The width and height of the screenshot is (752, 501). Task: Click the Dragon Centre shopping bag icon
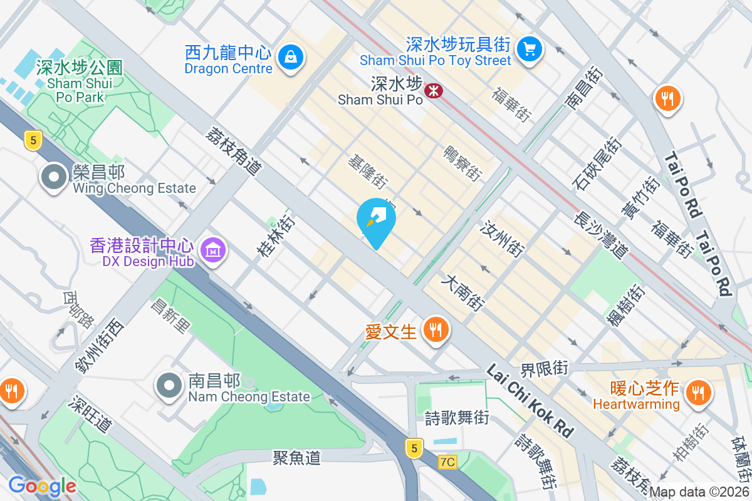pyautogui.click(x=291, y=57)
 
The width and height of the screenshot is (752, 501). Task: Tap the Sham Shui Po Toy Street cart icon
pyautogui.click(x=530, y=48)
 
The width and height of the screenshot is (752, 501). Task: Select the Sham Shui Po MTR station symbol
pyautogui.click(x=433, y=91)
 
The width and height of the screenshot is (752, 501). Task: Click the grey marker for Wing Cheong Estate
pyautogui.click(x=54, y=177)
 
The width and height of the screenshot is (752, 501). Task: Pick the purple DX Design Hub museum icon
pyautogui.click(x=213, y=250)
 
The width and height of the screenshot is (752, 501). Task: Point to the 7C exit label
pyautogui.click(x=447, y=462)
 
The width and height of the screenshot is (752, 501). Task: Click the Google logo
pyautogui.click(x=42, y=486)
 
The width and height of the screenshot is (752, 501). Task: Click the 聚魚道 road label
pyautogui.click(x=296, y=458)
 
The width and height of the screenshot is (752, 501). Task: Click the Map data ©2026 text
pyautogui.click(x=699, y=492)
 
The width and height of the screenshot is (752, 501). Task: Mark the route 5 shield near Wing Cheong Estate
pyautogui.click(x=33, y=140)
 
